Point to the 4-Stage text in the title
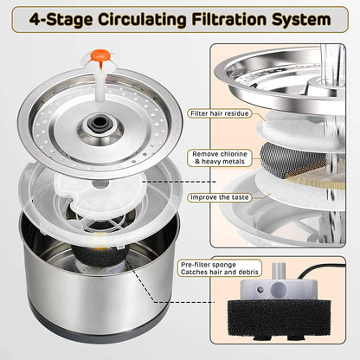[50, 17]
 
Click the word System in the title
[291, 17]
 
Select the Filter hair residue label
[228, 112]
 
